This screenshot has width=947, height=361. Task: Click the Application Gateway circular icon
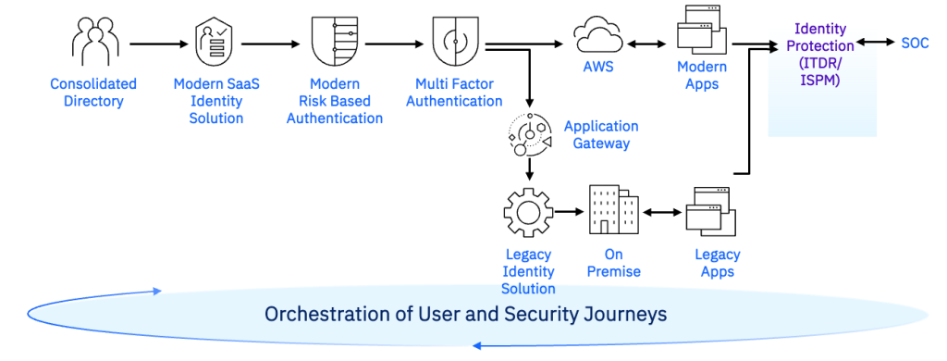point(528,134)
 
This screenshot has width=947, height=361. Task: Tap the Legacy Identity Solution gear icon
point(528,212)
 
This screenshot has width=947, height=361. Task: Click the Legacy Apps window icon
point(710,212)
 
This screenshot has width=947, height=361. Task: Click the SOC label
point(915,43)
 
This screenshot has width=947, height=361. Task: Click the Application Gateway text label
point(601,134)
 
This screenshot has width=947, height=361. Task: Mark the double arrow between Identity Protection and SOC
point(874,43)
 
